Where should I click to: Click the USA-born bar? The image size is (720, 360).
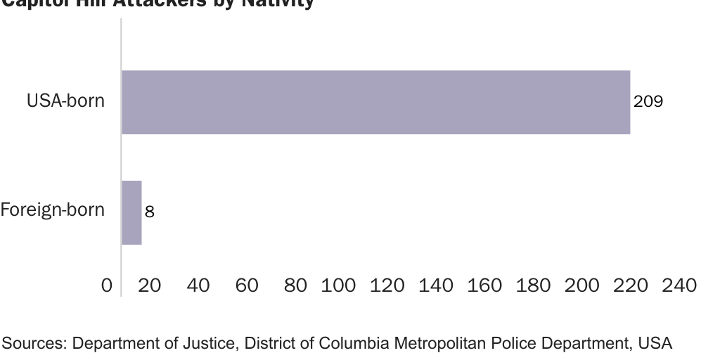[x=375, y=102]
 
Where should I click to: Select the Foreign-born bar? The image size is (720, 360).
[x=131, y=212]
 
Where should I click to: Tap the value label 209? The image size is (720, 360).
[x=648, y=102]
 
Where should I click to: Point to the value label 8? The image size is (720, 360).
[x=150, y=212]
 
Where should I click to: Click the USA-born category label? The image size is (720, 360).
[x=65, y=101]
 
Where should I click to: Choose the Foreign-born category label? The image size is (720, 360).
[x=53, y=210]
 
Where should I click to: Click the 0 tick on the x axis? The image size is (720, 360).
[x=107, y=285]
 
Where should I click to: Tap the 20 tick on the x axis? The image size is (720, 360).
[x=150, y=285]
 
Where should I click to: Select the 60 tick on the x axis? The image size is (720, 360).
[x=247, y=285]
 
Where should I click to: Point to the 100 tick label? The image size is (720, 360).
[x=338, y=285]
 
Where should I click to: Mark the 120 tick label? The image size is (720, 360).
[x=387, y=285]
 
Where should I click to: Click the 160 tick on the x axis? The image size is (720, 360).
[x=484, y=285]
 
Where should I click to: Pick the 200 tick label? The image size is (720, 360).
[x=582, y=285]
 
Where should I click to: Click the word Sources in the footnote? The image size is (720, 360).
[x=33, y=343]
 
